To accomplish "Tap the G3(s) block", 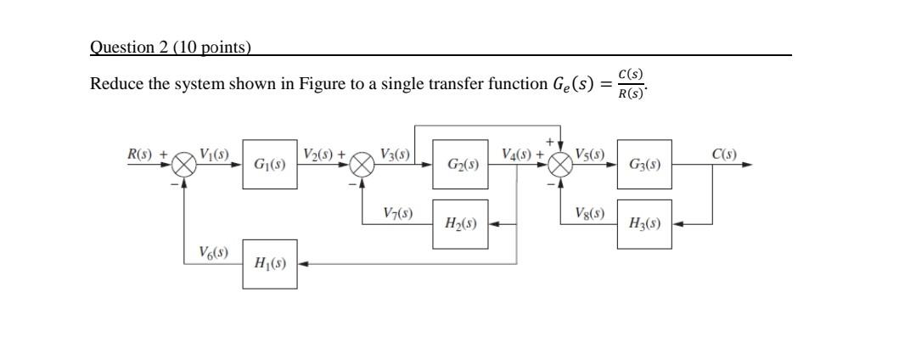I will pos(643,165).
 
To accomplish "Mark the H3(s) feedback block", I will pos(643,224).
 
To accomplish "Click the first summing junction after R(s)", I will pos(184,165).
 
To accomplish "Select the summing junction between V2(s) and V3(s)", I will pos(362,165).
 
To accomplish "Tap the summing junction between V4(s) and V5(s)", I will pos(560,165).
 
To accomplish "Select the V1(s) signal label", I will pos(215,154).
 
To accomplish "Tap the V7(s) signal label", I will pos(397,212).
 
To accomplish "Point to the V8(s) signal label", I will pos(589,212).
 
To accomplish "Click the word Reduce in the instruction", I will pos(116,84).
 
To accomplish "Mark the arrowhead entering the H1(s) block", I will pos(302,263).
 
